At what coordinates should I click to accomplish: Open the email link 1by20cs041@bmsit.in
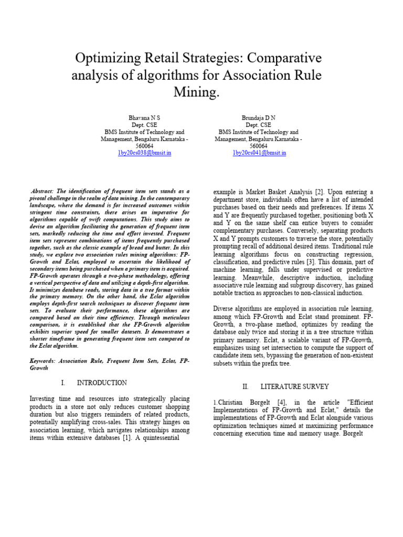(259, 153)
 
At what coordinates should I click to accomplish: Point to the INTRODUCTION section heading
(102, 383)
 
